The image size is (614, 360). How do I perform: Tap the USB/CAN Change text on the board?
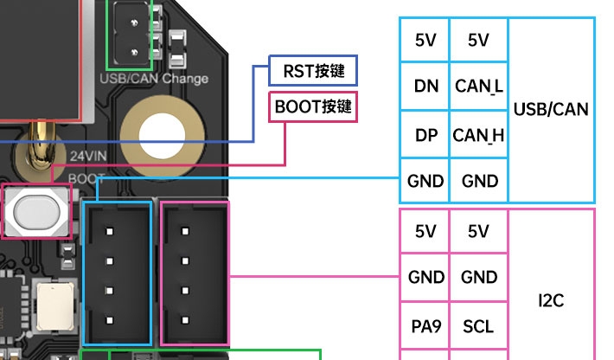tap(154, 79)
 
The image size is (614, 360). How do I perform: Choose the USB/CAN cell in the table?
tap(551, 110)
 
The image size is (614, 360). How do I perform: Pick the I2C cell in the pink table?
tap(551, 301)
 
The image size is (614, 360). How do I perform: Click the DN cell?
tap(425, 86)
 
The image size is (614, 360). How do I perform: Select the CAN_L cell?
tap(478, 86)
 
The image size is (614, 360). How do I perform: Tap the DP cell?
tap(425, 134)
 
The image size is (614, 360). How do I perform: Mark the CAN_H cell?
tap(478, 134)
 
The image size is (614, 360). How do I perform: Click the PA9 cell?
tap(425, 326)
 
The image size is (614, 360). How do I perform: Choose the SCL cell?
tap(478, 326)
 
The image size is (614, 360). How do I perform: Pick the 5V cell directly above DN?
tap(425, 40)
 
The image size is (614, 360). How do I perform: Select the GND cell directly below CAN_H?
tap(478, 181)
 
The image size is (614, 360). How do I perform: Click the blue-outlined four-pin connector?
tap(116, 272)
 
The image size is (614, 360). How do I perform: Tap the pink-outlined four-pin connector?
tap(195, 272)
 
